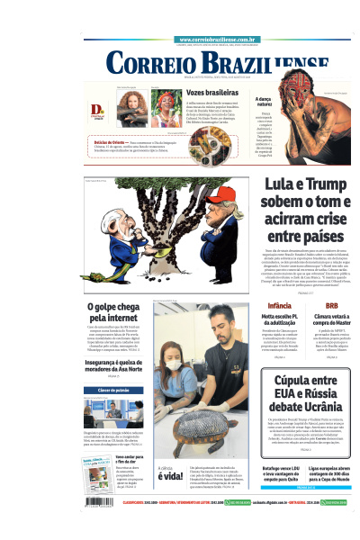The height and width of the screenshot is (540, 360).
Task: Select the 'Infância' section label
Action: (267, 306)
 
